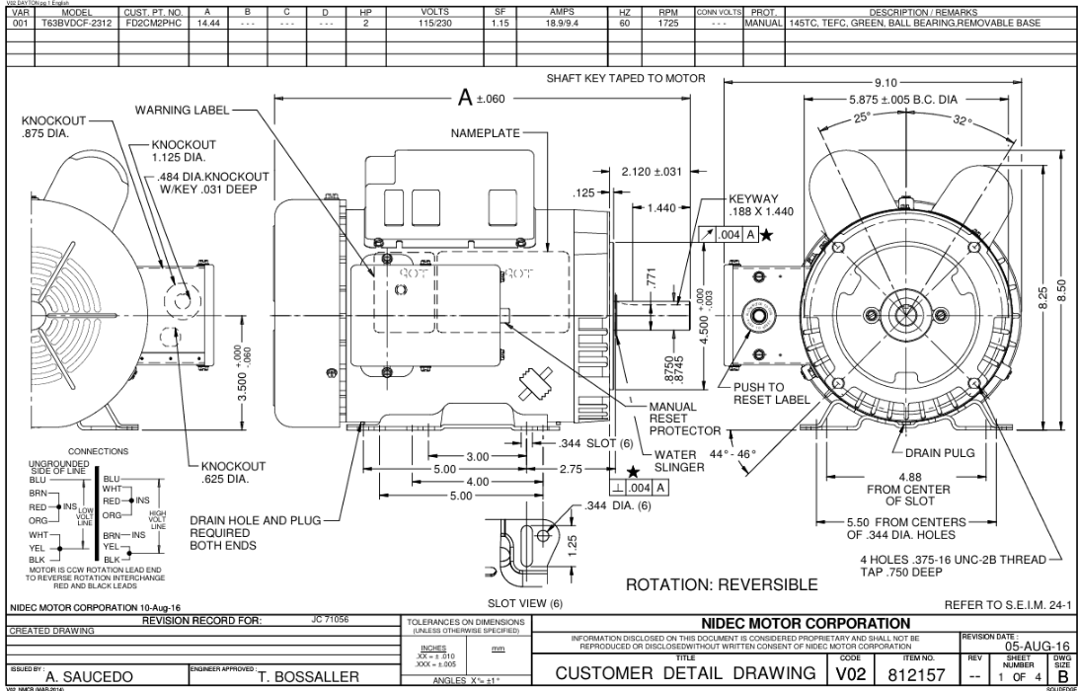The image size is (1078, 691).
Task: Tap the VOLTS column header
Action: coord(434,12)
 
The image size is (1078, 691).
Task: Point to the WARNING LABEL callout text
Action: coord(182,110)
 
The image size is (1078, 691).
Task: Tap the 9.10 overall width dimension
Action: coord(885,83)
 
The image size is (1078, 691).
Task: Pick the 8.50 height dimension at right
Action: coord(1062,291)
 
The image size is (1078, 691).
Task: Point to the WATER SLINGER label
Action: coord(680,461)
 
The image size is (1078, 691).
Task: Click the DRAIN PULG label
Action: coord(940,453)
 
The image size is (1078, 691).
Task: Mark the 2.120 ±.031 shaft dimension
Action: coord(652,172)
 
